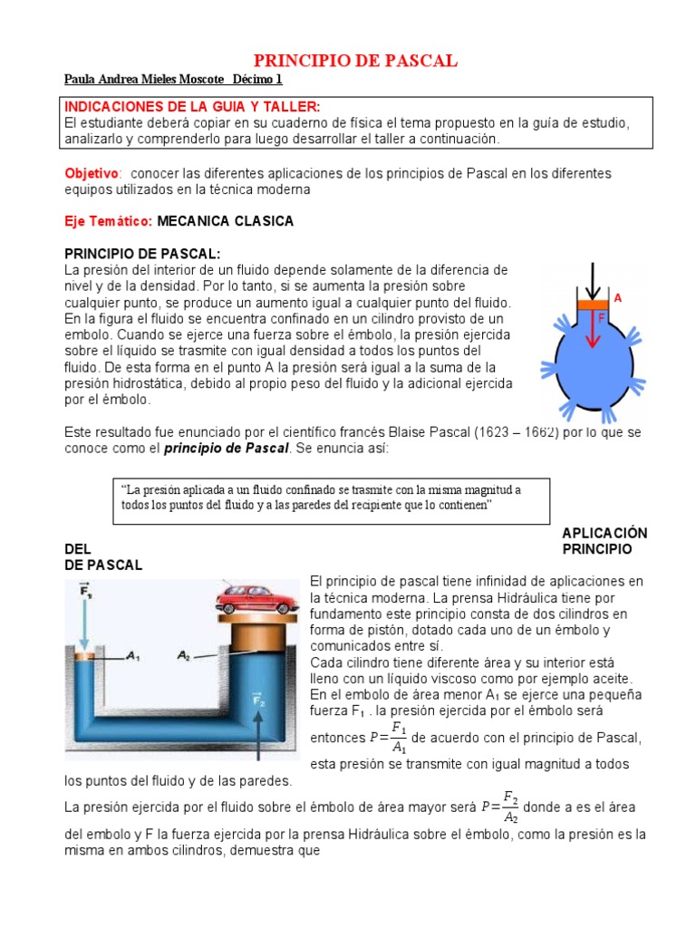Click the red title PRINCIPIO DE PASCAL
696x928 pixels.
coord(354,61)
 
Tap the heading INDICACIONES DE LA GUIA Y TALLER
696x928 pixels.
coord(191,107)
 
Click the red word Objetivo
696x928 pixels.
coord(92,173)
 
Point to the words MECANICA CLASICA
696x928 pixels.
coord(225,221)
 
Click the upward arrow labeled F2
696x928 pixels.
coord(260,716)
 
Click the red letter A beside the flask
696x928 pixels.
coord(618,297)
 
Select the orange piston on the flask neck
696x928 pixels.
coord(594,305)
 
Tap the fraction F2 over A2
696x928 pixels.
coord(510,807)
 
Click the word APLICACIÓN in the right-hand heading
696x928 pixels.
coord(604,533)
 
